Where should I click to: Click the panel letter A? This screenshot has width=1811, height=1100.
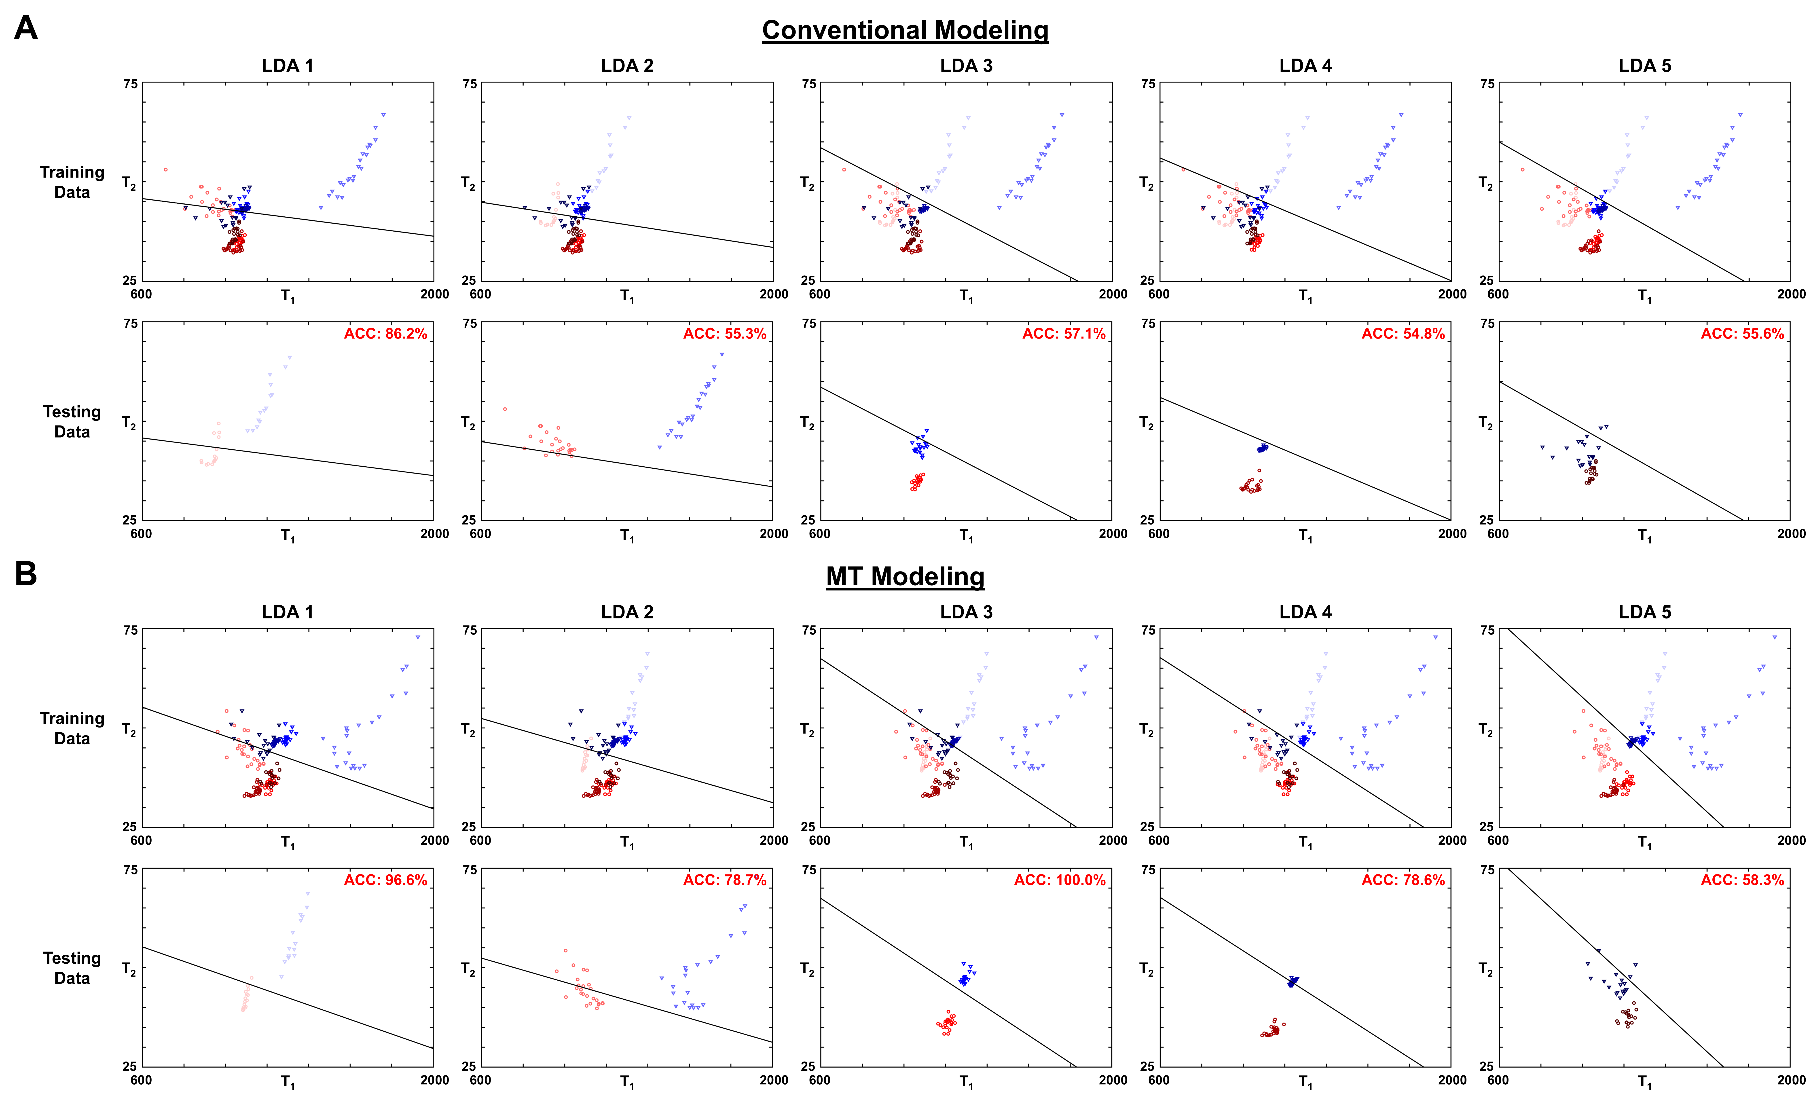[26, 28]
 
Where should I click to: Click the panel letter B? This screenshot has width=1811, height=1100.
[26, 574]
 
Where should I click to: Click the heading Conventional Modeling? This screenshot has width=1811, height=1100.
[905, 30]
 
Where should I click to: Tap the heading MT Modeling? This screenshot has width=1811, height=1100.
[905, 577]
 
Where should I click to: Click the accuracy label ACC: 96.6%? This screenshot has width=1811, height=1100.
[385, 880]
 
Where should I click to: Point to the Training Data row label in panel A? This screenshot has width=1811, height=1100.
[72, 182]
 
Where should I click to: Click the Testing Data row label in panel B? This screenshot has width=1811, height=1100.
[72, 968]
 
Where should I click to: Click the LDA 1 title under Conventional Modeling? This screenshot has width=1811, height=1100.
[287, 66]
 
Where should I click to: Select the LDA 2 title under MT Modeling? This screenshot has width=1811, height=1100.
[627, 612]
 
